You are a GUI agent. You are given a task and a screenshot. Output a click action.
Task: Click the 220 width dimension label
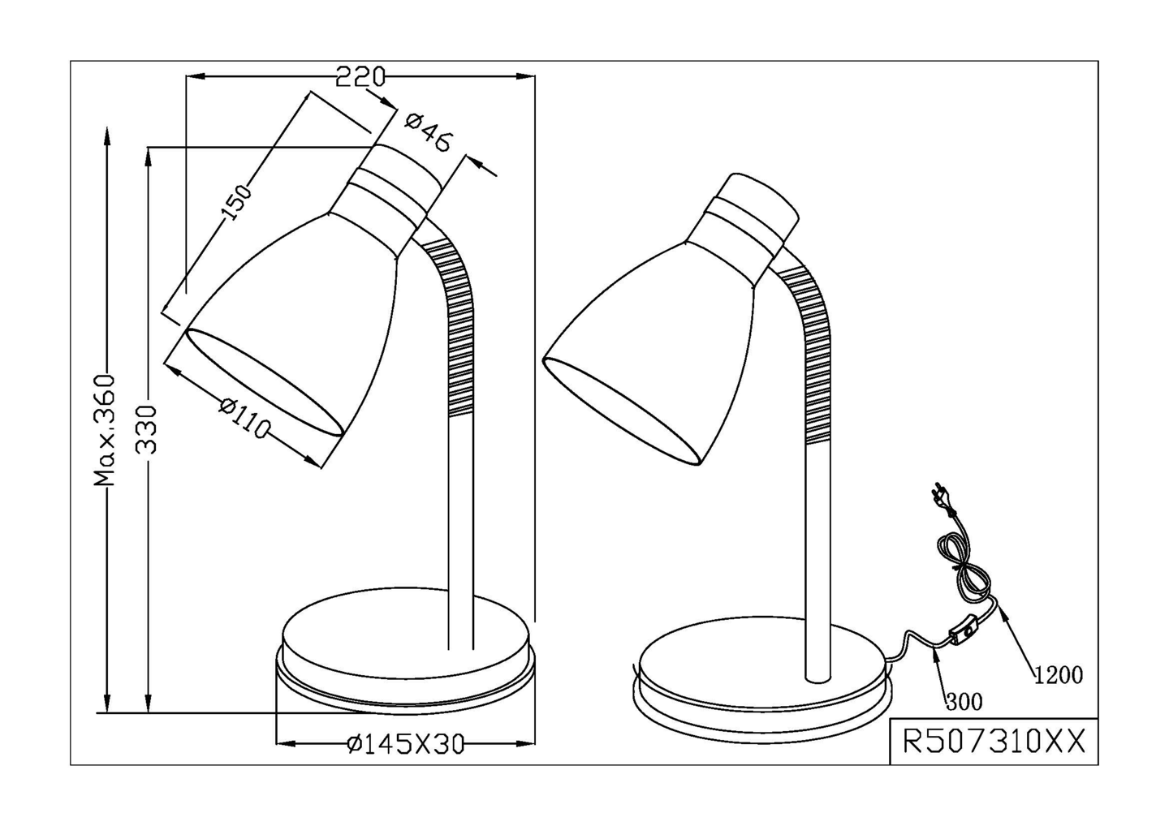pyautogui.click(x=360, y=76)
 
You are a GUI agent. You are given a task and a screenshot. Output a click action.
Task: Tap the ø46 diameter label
pyautogui.click(x=429, y=134)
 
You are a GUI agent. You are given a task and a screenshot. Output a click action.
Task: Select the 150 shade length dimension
pyautogui.click(x=236, y=202)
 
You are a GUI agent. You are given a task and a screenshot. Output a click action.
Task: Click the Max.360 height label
pyautogui.click(x=104, y=431)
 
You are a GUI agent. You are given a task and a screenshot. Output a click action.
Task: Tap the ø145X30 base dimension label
pyautogui.click(x=406, y=744)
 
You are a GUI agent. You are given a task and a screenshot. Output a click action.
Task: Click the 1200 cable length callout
pyautogui.click(x=1059, y=675)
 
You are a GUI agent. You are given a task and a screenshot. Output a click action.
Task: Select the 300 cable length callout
pyautogui.click(x=964, y=702)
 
